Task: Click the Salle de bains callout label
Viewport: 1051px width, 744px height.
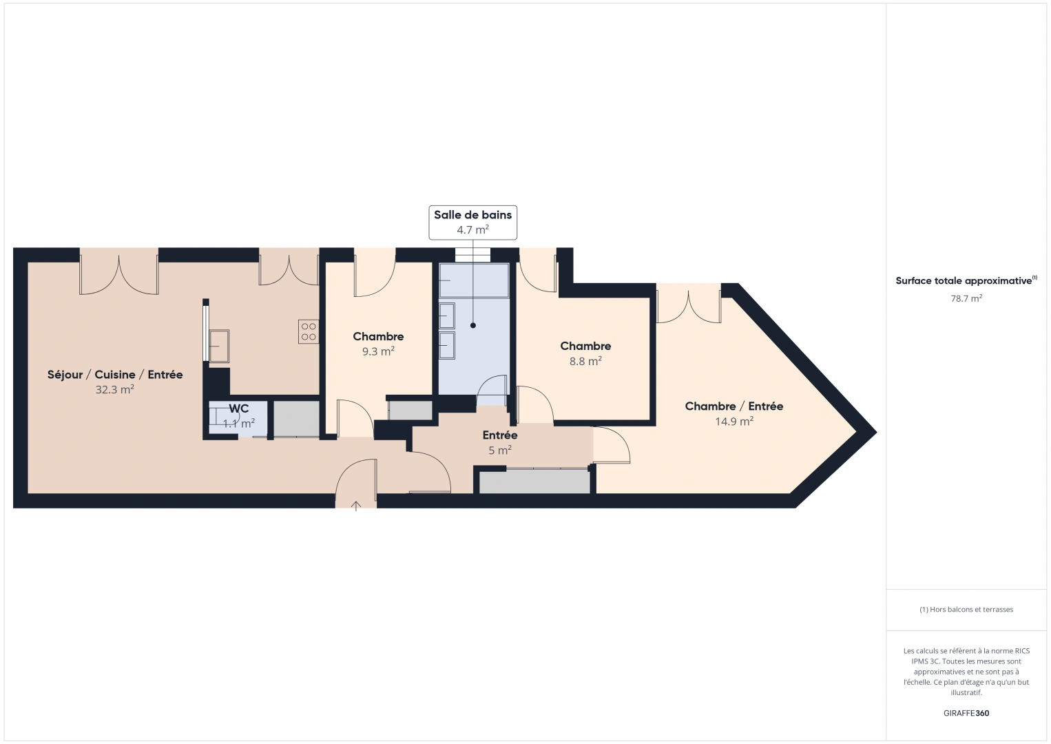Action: (472, 215)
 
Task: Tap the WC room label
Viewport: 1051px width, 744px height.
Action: (238, 409)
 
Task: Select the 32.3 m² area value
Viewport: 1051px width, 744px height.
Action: (114, 390)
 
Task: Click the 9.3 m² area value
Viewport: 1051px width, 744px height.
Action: (378, 351)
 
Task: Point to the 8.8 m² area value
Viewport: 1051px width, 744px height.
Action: (585, 361)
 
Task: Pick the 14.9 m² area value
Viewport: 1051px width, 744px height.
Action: (733, 421)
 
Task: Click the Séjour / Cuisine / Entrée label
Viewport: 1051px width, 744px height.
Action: (115, 375)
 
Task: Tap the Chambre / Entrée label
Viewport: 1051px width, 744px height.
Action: (733, 406)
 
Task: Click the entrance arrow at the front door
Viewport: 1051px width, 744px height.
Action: (356, 506)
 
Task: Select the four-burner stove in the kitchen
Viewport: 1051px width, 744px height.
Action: (309, 332)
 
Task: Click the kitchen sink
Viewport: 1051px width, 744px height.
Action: (219, 346)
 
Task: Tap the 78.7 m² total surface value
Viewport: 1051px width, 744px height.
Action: (966, 298)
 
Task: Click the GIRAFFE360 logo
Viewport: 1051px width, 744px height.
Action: (966, 713)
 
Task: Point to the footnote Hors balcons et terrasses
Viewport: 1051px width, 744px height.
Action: (966, 610)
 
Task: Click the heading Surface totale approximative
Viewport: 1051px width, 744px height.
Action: (964, 281)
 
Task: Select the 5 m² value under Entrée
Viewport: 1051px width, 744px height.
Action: (499, 451)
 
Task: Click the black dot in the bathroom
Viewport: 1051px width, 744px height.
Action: (473, 325)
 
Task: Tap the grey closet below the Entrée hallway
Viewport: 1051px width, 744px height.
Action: (534, 482)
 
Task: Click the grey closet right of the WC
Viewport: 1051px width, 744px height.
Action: (296, 419)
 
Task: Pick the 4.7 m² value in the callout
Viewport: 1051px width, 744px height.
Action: (472, 230)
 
